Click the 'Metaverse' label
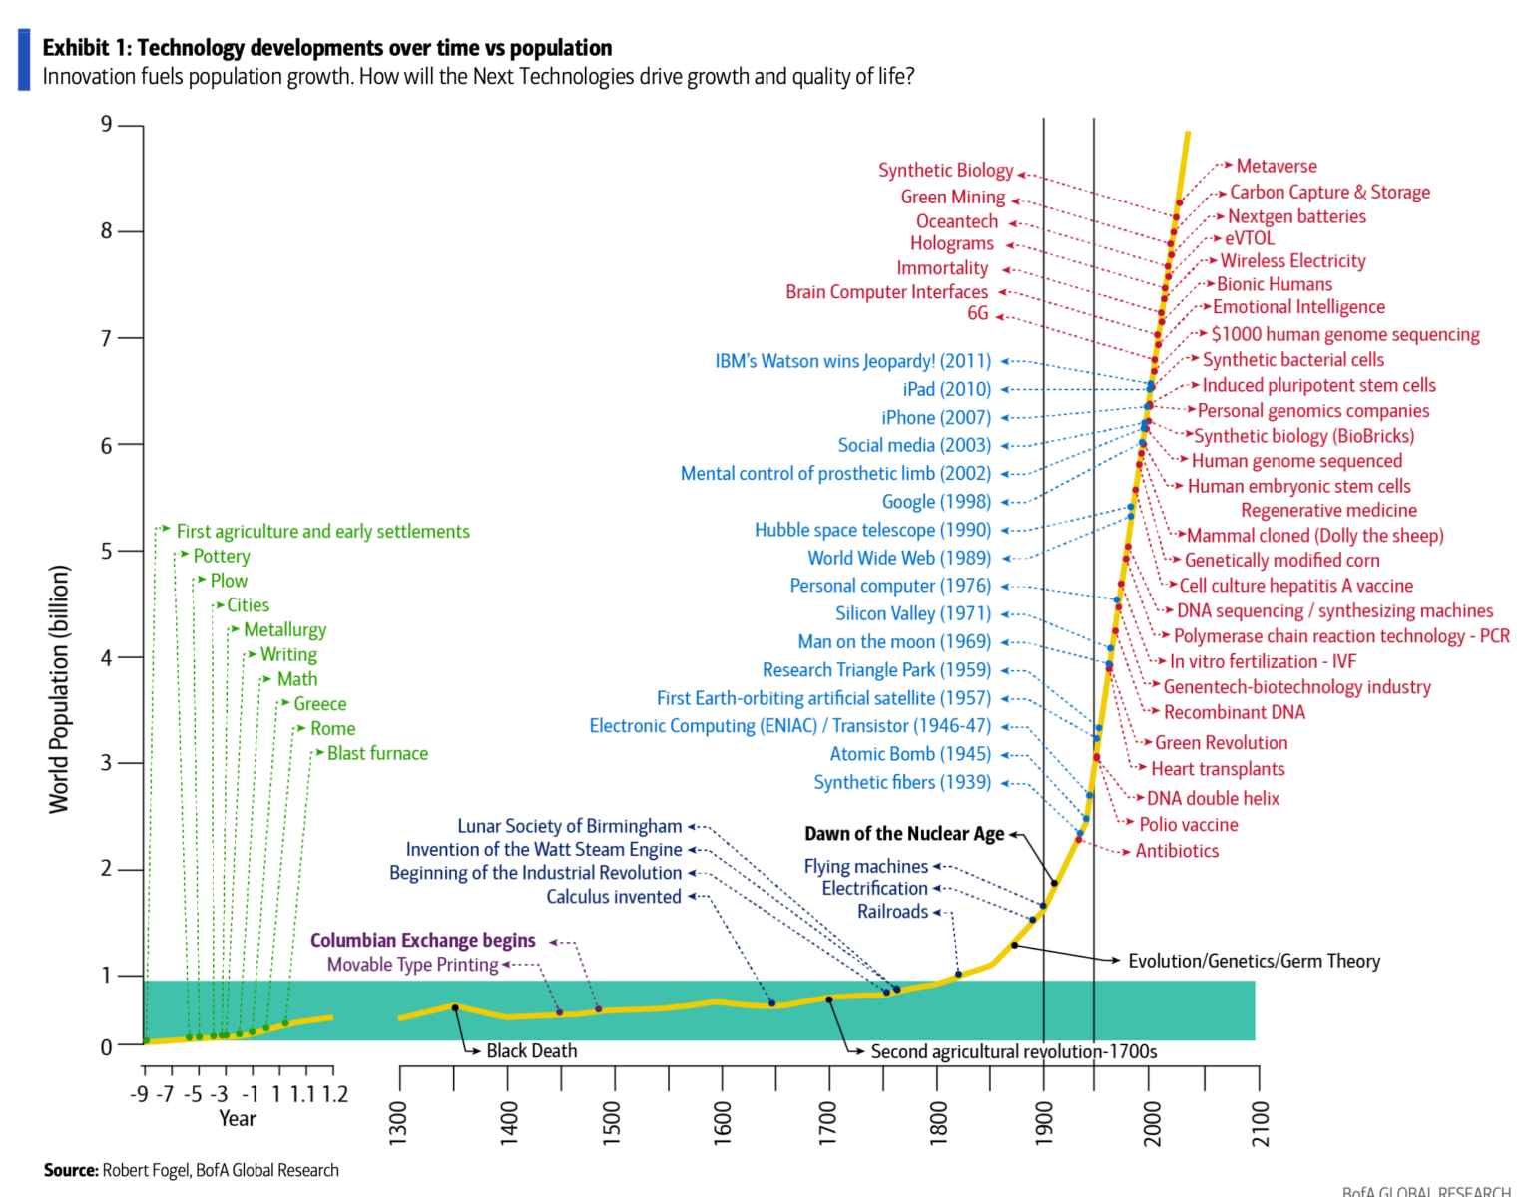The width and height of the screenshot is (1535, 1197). pos(1276,167)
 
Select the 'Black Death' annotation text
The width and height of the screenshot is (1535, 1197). pos(531,1051)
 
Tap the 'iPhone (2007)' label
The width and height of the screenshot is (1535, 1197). pos(935,418)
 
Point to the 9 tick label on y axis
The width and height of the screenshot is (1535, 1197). pos(107,125)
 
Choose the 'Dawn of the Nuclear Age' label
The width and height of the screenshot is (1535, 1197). pos(903,834)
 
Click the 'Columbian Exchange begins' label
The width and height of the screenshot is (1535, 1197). pos(422,941)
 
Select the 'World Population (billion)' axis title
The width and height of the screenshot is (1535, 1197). pos(59,688)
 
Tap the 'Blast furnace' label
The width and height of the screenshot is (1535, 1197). pos(377,754)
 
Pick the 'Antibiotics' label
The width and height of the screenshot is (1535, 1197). pos(1177,851)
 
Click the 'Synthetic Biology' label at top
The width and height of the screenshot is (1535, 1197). pos(945,171)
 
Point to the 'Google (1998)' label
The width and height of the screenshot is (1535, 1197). pos(936,502)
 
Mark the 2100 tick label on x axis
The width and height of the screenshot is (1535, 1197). pos(1261,1123)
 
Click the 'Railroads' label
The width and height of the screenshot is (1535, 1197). pos(892,912)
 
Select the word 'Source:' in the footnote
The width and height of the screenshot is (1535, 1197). pos(70,1170)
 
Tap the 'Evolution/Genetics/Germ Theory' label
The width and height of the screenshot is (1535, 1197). pos(1254,961)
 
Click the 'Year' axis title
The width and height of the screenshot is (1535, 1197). pos(238,1119)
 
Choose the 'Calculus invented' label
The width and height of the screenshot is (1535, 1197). pos(613,897)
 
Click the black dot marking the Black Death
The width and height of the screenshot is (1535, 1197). pos(455,1007)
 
